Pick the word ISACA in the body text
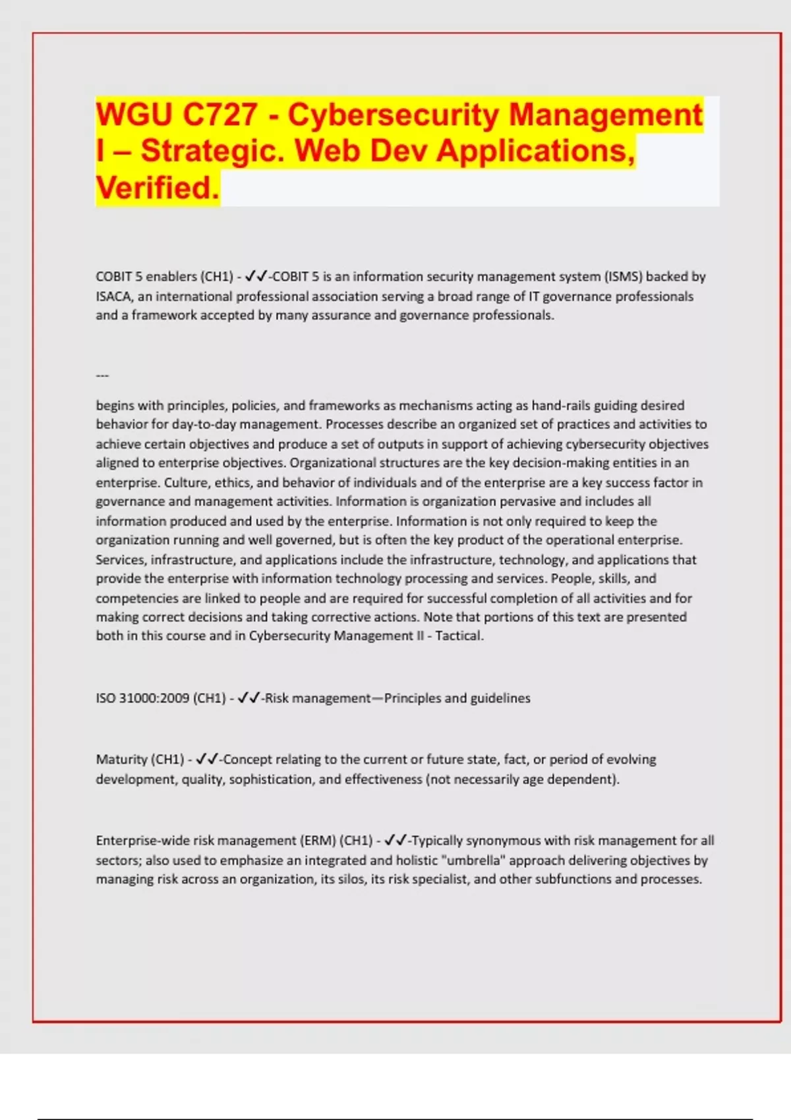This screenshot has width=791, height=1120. [x=114, y=296]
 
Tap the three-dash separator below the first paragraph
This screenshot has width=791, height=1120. [x=102, y=376]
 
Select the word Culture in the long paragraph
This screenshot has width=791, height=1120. [x=185, y=482]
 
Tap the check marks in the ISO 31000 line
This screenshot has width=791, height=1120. [x=249, y=698]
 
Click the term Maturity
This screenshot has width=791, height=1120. [x=121, y=760]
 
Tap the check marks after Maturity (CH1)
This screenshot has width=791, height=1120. [x=208, y=759]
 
